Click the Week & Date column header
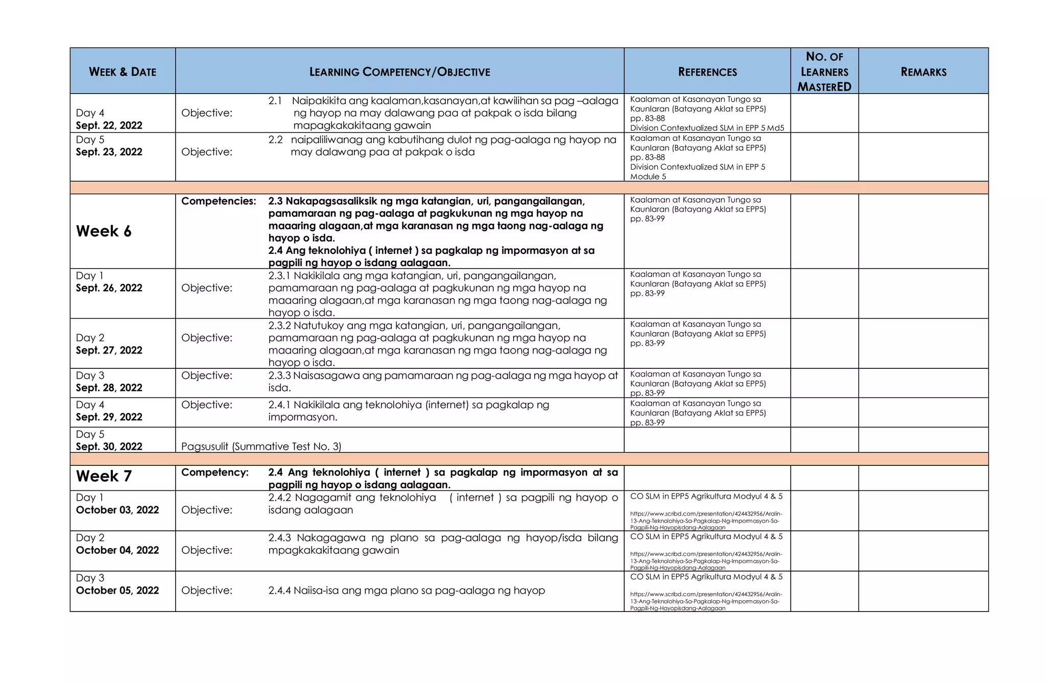[x=123, y=72]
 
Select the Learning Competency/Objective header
[x=399, y=72]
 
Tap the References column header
[x=707, y=72]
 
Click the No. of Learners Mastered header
[x=824, y=72]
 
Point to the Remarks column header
[x=923, y=72]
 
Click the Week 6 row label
[x=104, y=231]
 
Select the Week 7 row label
[x=104, y=477]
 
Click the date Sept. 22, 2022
[x=109, y=126]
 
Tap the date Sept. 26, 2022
[x=109, y=288]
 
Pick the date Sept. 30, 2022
[x=109, y=446]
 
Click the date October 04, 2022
[x=117, y=550]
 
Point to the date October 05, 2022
[x=117, y=591]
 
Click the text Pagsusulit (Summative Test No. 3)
[x=261, y=446]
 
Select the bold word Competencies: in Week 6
[x=219, y=201]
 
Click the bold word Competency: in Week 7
[x=215, y=473]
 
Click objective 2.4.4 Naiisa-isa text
[x=407, y=591]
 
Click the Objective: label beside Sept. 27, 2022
[x=207, y=338]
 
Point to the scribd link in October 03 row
[x=706, y=521]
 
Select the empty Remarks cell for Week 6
[x=923, y=231]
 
